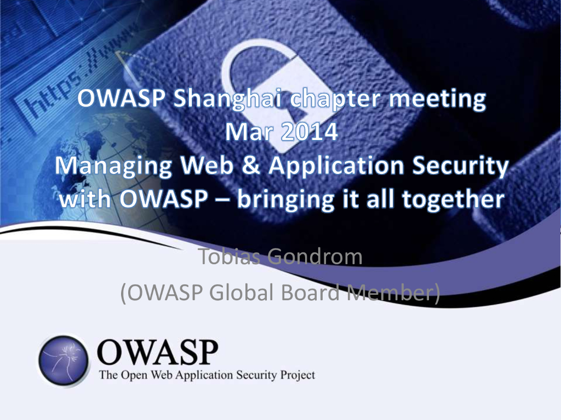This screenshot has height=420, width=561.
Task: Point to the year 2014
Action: (x=310, y=133)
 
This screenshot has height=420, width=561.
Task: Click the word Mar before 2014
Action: (x=250, y=133)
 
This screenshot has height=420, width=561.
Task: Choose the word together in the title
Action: (x=453, y=200)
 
